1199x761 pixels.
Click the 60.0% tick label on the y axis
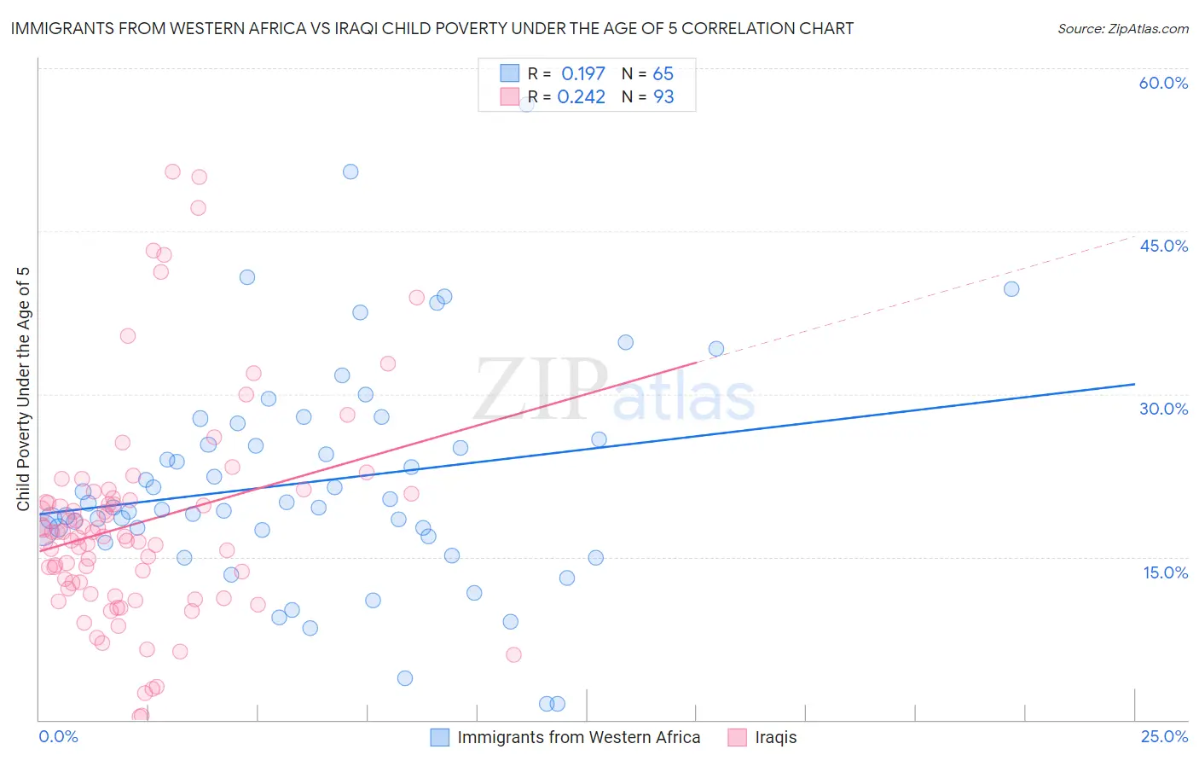pos(1163,83)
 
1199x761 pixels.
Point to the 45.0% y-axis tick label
pos(1163,246)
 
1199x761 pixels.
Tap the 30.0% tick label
pos(1163,409)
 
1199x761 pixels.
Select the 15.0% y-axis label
pos(1165,572)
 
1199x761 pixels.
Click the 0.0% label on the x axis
pos(58,736)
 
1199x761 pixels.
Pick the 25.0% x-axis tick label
pos(1164,736)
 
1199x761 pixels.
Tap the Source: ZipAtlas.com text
pos(1122,28)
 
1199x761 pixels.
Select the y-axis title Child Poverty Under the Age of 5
pos(24,389)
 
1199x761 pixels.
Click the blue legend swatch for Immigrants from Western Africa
pos(439,737)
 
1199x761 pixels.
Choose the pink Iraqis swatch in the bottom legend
pos(737,737)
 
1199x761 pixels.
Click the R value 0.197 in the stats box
pos(582,74)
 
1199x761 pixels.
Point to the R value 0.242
pos(581,97)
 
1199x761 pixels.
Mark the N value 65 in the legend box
pos(663,74)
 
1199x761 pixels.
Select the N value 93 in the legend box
pos(663,97)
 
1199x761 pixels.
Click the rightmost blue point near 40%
pos(1011,289)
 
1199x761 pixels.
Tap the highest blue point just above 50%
pos(350,171)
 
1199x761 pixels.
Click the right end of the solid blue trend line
pos(1134,384)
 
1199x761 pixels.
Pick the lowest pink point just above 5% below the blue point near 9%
pos(513,655)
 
